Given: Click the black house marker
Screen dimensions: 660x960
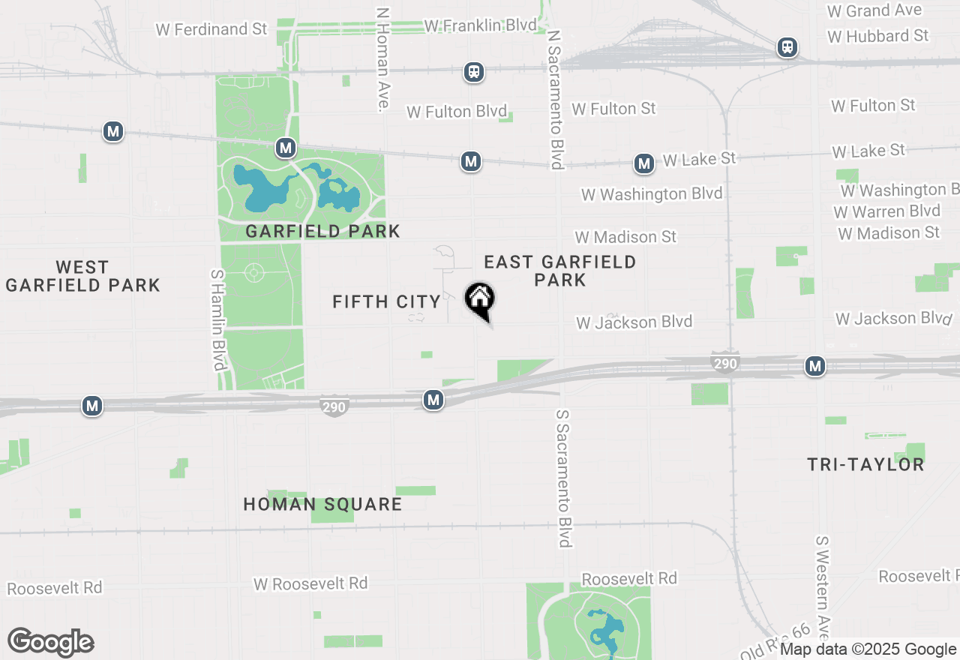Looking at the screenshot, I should coord(480,300).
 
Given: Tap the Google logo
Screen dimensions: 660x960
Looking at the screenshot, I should coord(51,643).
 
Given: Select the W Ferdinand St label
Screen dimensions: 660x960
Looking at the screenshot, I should coord(211,29).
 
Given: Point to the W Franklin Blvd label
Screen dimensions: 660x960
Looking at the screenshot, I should coord(480,25).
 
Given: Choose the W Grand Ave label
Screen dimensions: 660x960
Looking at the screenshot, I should coord(874,11).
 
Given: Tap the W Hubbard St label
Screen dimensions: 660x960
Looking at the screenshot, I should coord(878,36).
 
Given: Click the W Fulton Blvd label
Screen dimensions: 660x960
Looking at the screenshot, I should coord(457,112).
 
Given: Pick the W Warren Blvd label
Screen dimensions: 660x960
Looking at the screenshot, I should coord(886,211).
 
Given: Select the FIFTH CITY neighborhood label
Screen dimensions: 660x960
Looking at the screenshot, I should coord(386,301).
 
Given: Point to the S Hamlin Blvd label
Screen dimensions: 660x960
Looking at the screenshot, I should coord(218,320).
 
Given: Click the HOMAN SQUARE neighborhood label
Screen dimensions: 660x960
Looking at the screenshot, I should coord(322,504).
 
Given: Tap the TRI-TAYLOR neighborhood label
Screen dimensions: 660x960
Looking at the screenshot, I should coord(865,465).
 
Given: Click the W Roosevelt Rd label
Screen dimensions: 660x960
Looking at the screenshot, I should coord(310,583).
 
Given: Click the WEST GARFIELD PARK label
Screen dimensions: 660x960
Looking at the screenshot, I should coord(82,276).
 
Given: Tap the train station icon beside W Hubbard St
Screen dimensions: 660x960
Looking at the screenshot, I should coord(787,47).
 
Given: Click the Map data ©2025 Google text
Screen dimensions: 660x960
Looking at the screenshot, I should coord(868,649).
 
